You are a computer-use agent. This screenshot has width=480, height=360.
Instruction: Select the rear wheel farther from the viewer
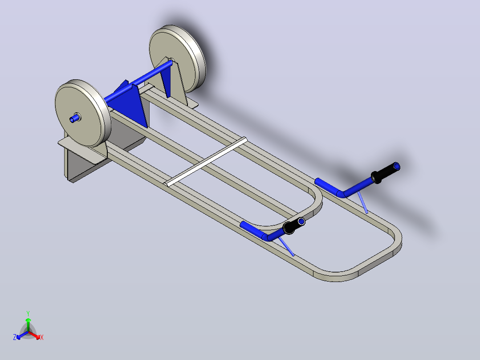pos(178,58)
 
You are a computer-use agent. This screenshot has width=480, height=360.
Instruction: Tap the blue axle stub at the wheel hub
pos(74,118)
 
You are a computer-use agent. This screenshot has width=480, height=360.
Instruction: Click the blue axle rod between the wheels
pos(138,81)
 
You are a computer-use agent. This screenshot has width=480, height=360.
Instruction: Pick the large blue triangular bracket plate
pos(129,104)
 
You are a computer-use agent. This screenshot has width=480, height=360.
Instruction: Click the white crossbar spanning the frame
pos(207,162)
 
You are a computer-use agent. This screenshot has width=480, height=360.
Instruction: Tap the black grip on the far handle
pos(385,173)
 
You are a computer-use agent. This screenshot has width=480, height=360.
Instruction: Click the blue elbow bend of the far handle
pos(340,193)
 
